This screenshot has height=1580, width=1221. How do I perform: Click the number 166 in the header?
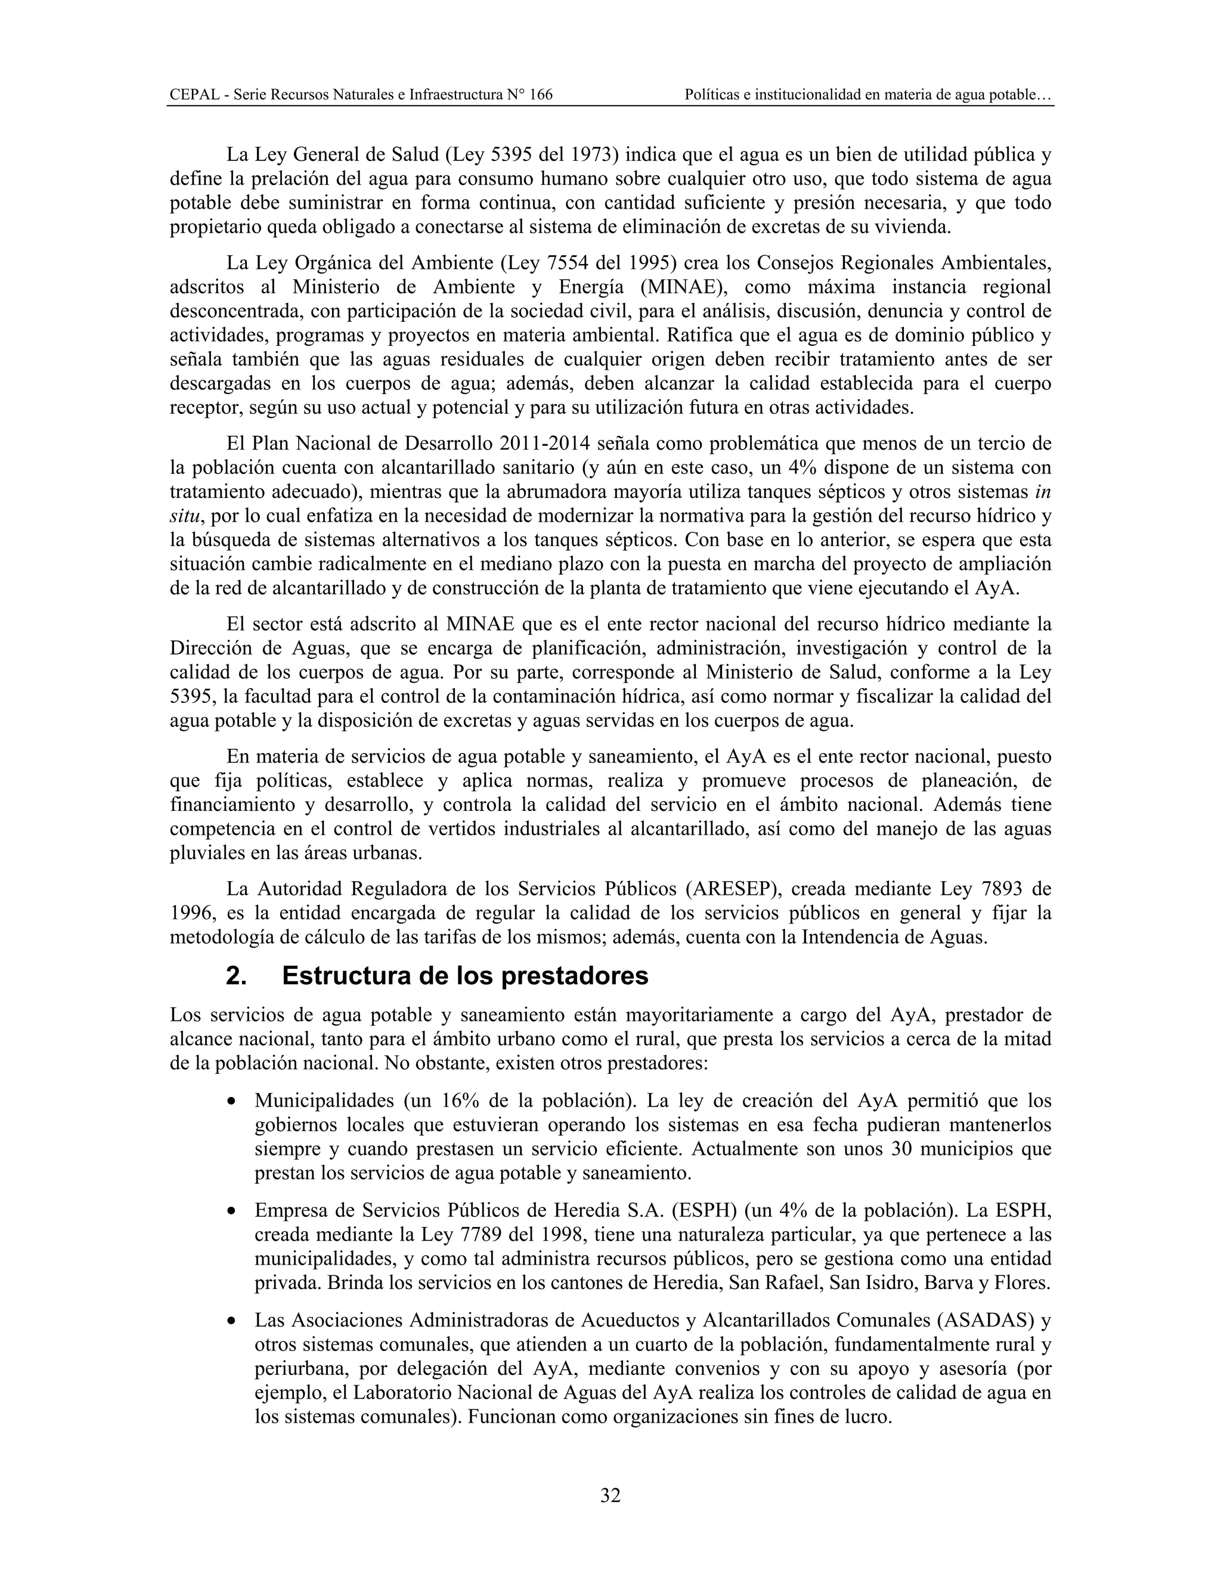pyautogui.click(x=541, y=95)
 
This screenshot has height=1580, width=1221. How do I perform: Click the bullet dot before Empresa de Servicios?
pyautogui.click(x=231, y=1212)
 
